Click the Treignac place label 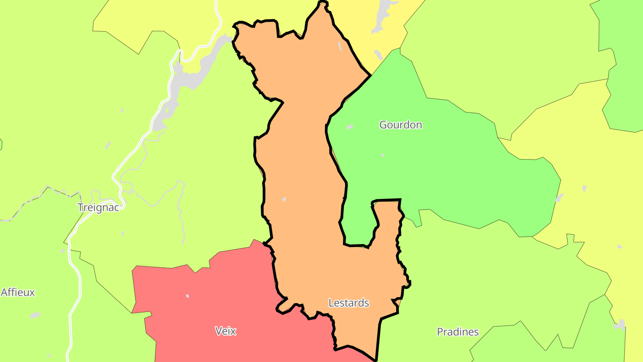click(x=98, y=207)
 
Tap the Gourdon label click(x=401, y=125)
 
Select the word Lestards click(x=349, y=303)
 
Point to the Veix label click(x=225, y=331)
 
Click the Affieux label click(x=18, y=292)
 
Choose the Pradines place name click(x=458, y=332)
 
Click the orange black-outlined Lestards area click(x=304, y=179)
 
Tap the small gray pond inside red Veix click(x=187, y=296)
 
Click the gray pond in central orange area click(x=284, y=199)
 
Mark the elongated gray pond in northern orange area click(x=340, y=46)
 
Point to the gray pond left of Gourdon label click(x=349, y=127)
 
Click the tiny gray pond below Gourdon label click(x=383, y=155)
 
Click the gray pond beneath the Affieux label click(x=35, y=316)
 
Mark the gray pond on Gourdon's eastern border click(x=559, y=198)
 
